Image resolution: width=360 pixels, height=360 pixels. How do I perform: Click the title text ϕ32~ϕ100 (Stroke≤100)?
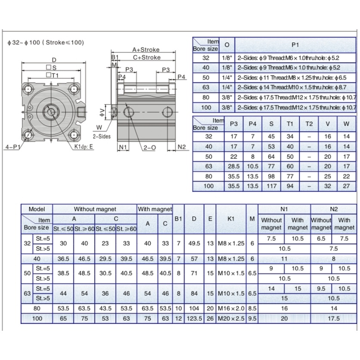tap(46, 43)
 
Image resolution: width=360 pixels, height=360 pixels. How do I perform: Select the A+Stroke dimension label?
tap(146, 49)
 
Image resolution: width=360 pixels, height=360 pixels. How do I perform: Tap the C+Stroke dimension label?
tap(147, 57)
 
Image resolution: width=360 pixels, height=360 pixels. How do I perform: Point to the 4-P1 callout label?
tap(13, 147)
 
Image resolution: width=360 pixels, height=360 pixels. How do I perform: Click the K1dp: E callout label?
tap(83, 147)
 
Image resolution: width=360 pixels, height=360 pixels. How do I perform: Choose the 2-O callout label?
tap(150, 148)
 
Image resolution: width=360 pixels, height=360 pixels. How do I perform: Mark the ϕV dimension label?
tap(103, 112)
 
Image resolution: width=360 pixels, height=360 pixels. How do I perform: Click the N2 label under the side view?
tap(182, 147)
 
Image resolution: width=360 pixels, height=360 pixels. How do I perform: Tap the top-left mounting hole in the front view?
tap(28, 89)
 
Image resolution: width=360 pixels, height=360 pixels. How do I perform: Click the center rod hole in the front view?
tap(51, 112)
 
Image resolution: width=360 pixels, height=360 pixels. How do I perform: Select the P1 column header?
tap(295, 45)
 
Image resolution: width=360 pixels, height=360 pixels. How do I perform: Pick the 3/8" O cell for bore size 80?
tap(227, 97)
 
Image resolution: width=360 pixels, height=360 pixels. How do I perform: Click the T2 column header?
tap(309, 124)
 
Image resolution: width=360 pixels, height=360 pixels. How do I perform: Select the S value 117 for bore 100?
tap(271, 186)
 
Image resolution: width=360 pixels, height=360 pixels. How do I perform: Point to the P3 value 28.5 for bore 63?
tap(234, 166)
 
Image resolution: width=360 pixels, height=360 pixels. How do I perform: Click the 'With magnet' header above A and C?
tap(155, 209)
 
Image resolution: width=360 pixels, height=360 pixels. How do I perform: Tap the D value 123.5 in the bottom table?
tap(194, 318)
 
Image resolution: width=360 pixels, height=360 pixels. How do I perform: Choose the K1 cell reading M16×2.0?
tap(231, 308)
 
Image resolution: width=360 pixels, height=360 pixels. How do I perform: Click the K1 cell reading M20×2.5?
tap(231, 318)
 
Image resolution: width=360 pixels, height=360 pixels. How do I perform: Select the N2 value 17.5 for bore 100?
tap(334, 318)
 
